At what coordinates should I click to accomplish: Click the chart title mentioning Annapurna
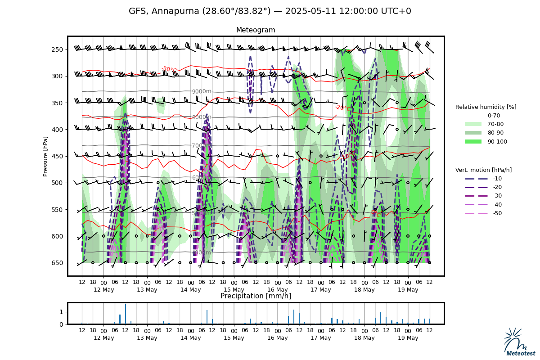click(x=270, y=11)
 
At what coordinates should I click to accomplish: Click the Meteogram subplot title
click(x=256, y=30)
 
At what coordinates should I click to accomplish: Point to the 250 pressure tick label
click(x=59, y=49)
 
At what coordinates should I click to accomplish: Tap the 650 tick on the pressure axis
click(x=59, y=263)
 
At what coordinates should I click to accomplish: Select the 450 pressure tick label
click(x=59, y=156)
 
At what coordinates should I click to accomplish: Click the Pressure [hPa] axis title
click(x=45, y=156)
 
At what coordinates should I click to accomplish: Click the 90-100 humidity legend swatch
click(x=473, y=141)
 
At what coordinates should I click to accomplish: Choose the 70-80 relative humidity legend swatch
click(x=473, y=124)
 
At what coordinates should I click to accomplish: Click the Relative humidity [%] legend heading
click(x=486, y=107)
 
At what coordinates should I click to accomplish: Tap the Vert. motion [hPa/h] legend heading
click(x=483, y=170)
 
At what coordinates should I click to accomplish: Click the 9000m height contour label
click(x=201, y=91)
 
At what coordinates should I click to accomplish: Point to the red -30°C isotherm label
click(x=169, y=69)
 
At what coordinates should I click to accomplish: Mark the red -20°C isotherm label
click(x=343, y=108)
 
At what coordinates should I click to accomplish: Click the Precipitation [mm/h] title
click(x=256, y=296)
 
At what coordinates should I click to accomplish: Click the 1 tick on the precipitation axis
click(x=62, y=312)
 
